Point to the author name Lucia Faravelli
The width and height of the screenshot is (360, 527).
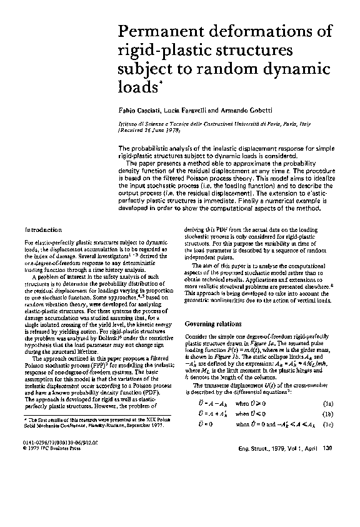pos(184,110)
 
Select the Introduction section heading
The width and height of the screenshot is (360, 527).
pos(43,230)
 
